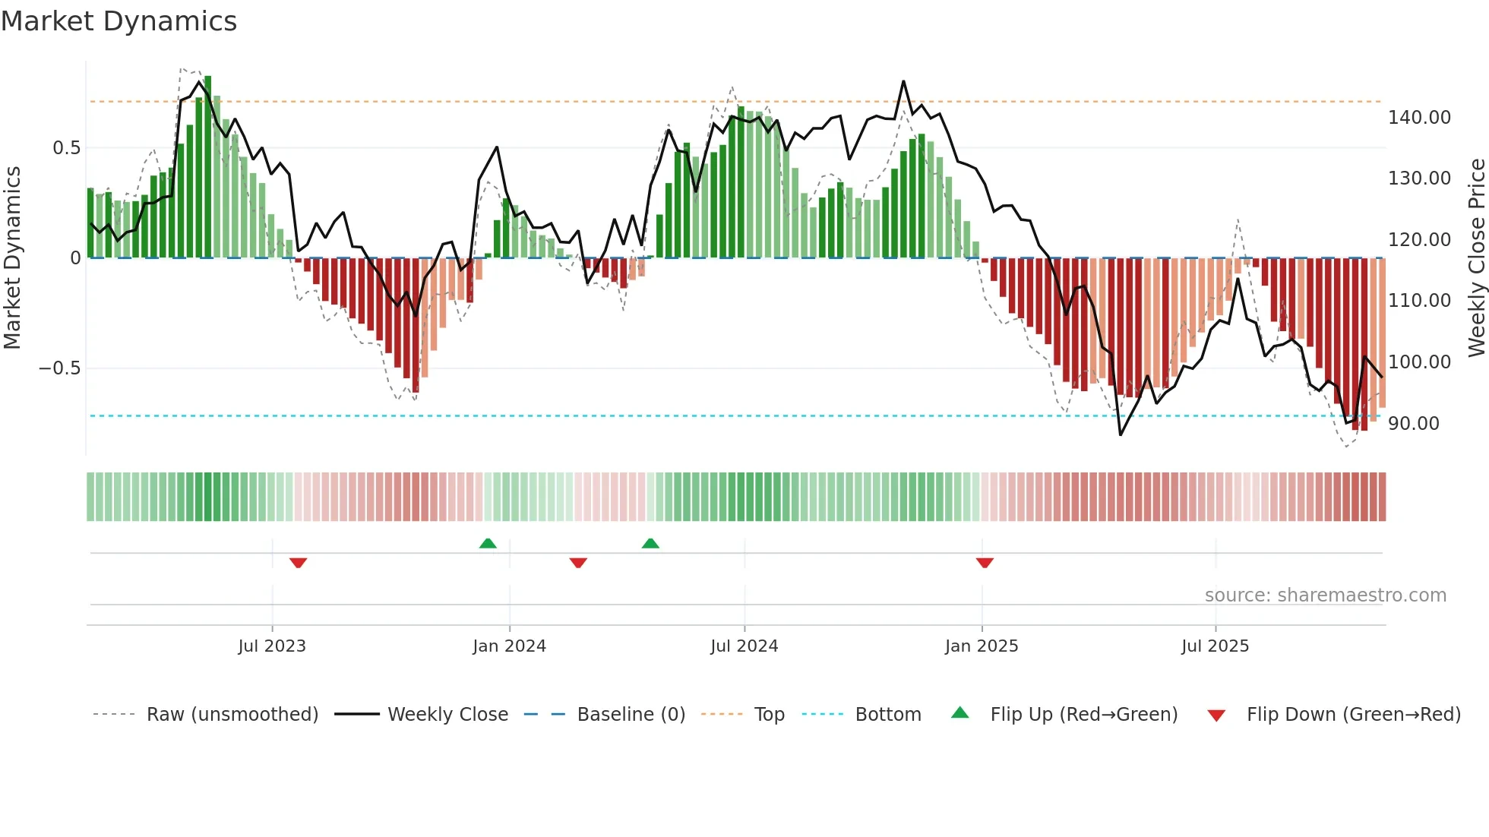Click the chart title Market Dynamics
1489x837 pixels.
tap(119, 21)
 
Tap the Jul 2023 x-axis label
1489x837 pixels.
tap(272, 646)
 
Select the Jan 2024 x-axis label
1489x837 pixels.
tap(509, 646)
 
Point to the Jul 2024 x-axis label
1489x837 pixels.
tap(744, 646)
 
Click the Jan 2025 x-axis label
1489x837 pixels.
tap(982, 646)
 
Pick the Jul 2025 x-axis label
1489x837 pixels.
tap(1215, 646)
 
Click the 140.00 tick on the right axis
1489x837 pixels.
tap(1419, 118)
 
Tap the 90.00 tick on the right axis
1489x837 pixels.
tap(1414, 424)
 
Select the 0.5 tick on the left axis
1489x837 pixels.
tap(67, 148)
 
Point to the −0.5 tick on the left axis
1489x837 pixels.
tap(60, 368)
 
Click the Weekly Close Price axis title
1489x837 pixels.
tap(1476, 257)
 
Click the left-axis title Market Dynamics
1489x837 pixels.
tap(12, 257)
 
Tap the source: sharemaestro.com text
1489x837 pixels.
tap(1325, 595)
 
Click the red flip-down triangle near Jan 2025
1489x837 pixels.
tap(985, 563)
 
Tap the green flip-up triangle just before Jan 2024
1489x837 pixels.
tap(488, 543)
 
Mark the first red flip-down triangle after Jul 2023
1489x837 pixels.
tap(298, 563)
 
